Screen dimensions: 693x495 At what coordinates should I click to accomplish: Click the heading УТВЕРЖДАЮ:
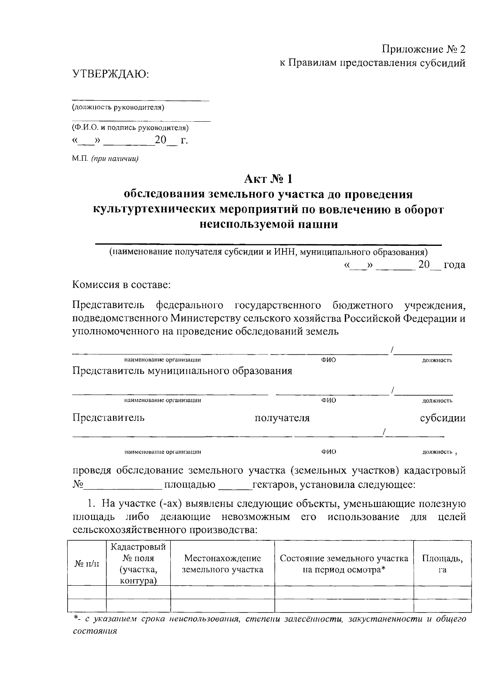[110, 75]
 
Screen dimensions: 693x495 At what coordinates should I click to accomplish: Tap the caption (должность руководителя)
[118, 108]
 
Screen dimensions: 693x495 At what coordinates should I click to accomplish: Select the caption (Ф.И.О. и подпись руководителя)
[130, 128]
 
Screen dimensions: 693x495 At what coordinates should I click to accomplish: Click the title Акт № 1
[268, 179]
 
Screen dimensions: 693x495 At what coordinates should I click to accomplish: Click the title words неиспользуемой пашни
[268, 224]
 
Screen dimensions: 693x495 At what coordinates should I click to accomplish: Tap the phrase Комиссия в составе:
[121, 285]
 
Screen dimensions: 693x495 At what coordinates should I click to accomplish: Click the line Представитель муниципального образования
[182, 370]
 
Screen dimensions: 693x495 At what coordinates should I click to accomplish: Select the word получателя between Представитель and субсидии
[282, 418]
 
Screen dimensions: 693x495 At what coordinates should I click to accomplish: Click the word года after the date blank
[454, 265]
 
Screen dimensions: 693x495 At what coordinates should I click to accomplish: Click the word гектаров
[274, 484]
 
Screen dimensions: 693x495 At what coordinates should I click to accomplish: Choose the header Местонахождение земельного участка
[222, 564]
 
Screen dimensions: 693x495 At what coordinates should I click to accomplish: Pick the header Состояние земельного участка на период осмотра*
[344, 564]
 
